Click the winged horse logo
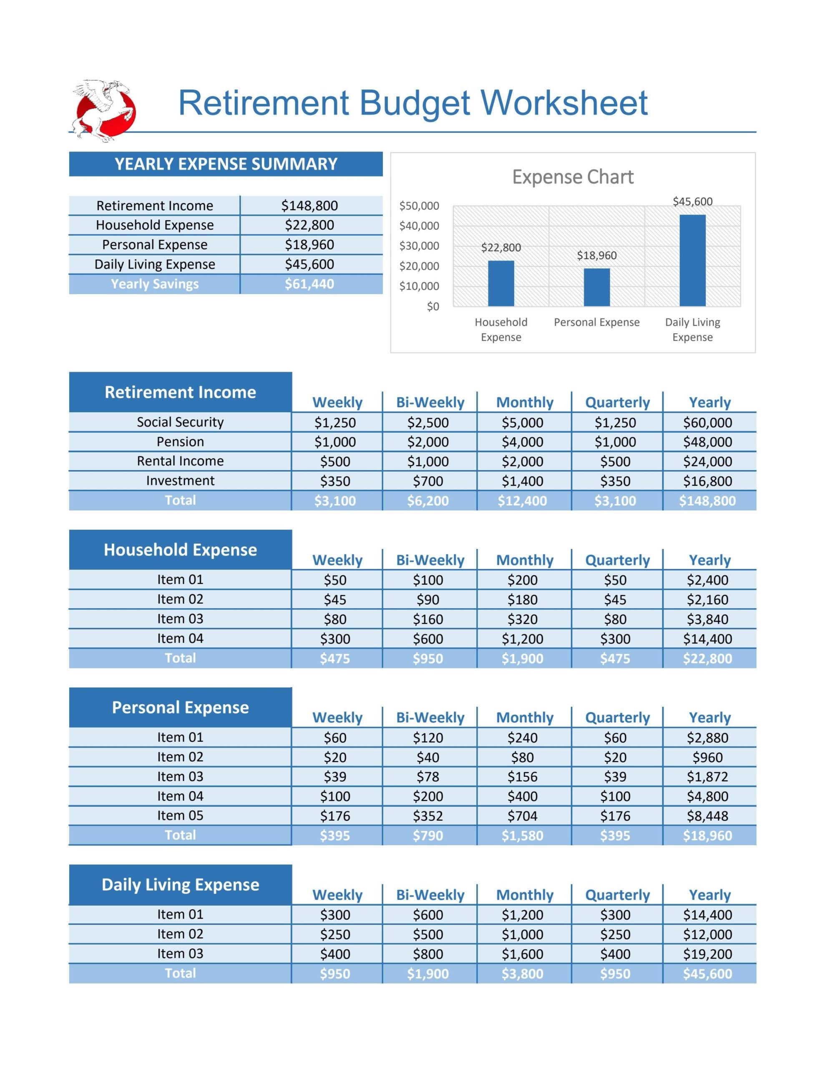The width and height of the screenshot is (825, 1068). (104, 111)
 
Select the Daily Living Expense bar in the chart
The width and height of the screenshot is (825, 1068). (692, 260)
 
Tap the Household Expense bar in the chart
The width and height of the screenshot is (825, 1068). (501, 283)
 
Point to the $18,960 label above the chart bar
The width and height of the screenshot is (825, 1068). (596, 255)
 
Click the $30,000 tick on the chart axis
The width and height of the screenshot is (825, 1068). (419, 246)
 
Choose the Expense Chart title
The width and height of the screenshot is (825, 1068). (573, 177)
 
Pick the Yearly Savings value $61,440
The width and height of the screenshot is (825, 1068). (309, 284)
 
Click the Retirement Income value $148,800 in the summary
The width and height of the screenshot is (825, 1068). (309, 205)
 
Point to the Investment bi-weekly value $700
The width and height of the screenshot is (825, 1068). (428, 481)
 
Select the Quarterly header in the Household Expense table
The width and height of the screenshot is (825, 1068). (617, 560)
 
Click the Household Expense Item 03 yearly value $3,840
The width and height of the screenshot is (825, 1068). (707, 619)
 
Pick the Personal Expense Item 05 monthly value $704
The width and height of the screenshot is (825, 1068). (522, 816)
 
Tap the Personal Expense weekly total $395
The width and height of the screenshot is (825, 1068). (335, 835)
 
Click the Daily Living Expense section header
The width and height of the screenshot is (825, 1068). (181, 884)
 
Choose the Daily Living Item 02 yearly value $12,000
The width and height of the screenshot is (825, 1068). (707, 934)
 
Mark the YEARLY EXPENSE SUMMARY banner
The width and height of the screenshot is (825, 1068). (226, 164)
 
